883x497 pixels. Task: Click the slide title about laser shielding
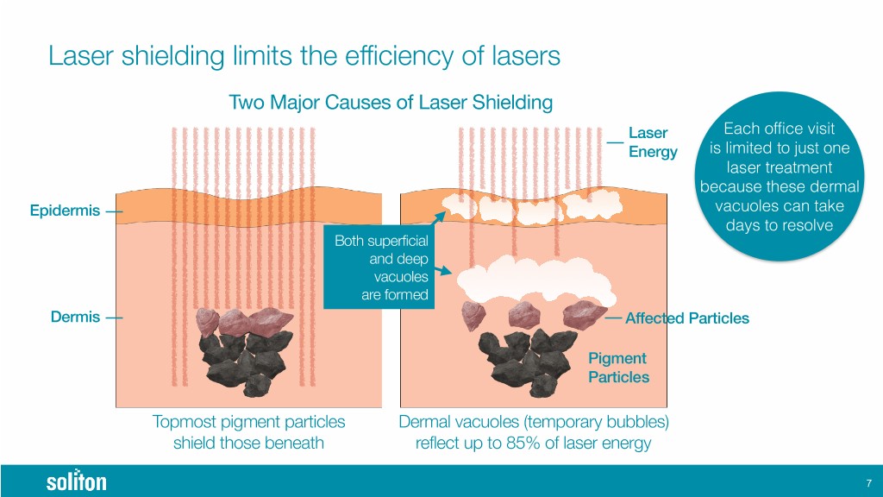[x=304, y=57]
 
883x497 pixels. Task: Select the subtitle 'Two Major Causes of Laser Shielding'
[x=390, y=104]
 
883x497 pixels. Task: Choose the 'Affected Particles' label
[x=686, y=318]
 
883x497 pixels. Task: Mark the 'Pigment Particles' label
[x=618, y=368]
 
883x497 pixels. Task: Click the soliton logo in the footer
[x=76, y=481]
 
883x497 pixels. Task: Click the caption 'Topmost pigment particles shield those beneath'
[x=248, y=432]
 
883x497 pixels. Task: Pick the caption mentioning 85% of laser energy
[x=534, y=432]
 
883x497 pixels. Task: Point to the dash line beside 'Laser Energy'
[x=615, y=141]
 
